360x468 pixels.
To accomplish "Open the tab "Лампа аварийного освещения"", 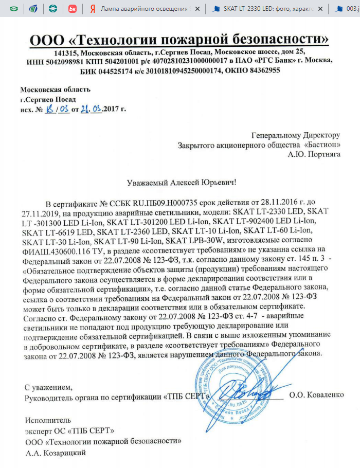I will tap(147, 9).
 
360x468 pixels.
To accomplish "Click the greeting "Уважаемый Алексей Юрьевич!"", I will tap(182, 182).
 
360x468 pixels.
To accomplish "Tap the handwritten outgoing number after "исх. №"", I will tap(57, 109).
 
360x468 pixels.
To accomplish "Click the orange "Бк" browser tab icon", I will tap(73, 9).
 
